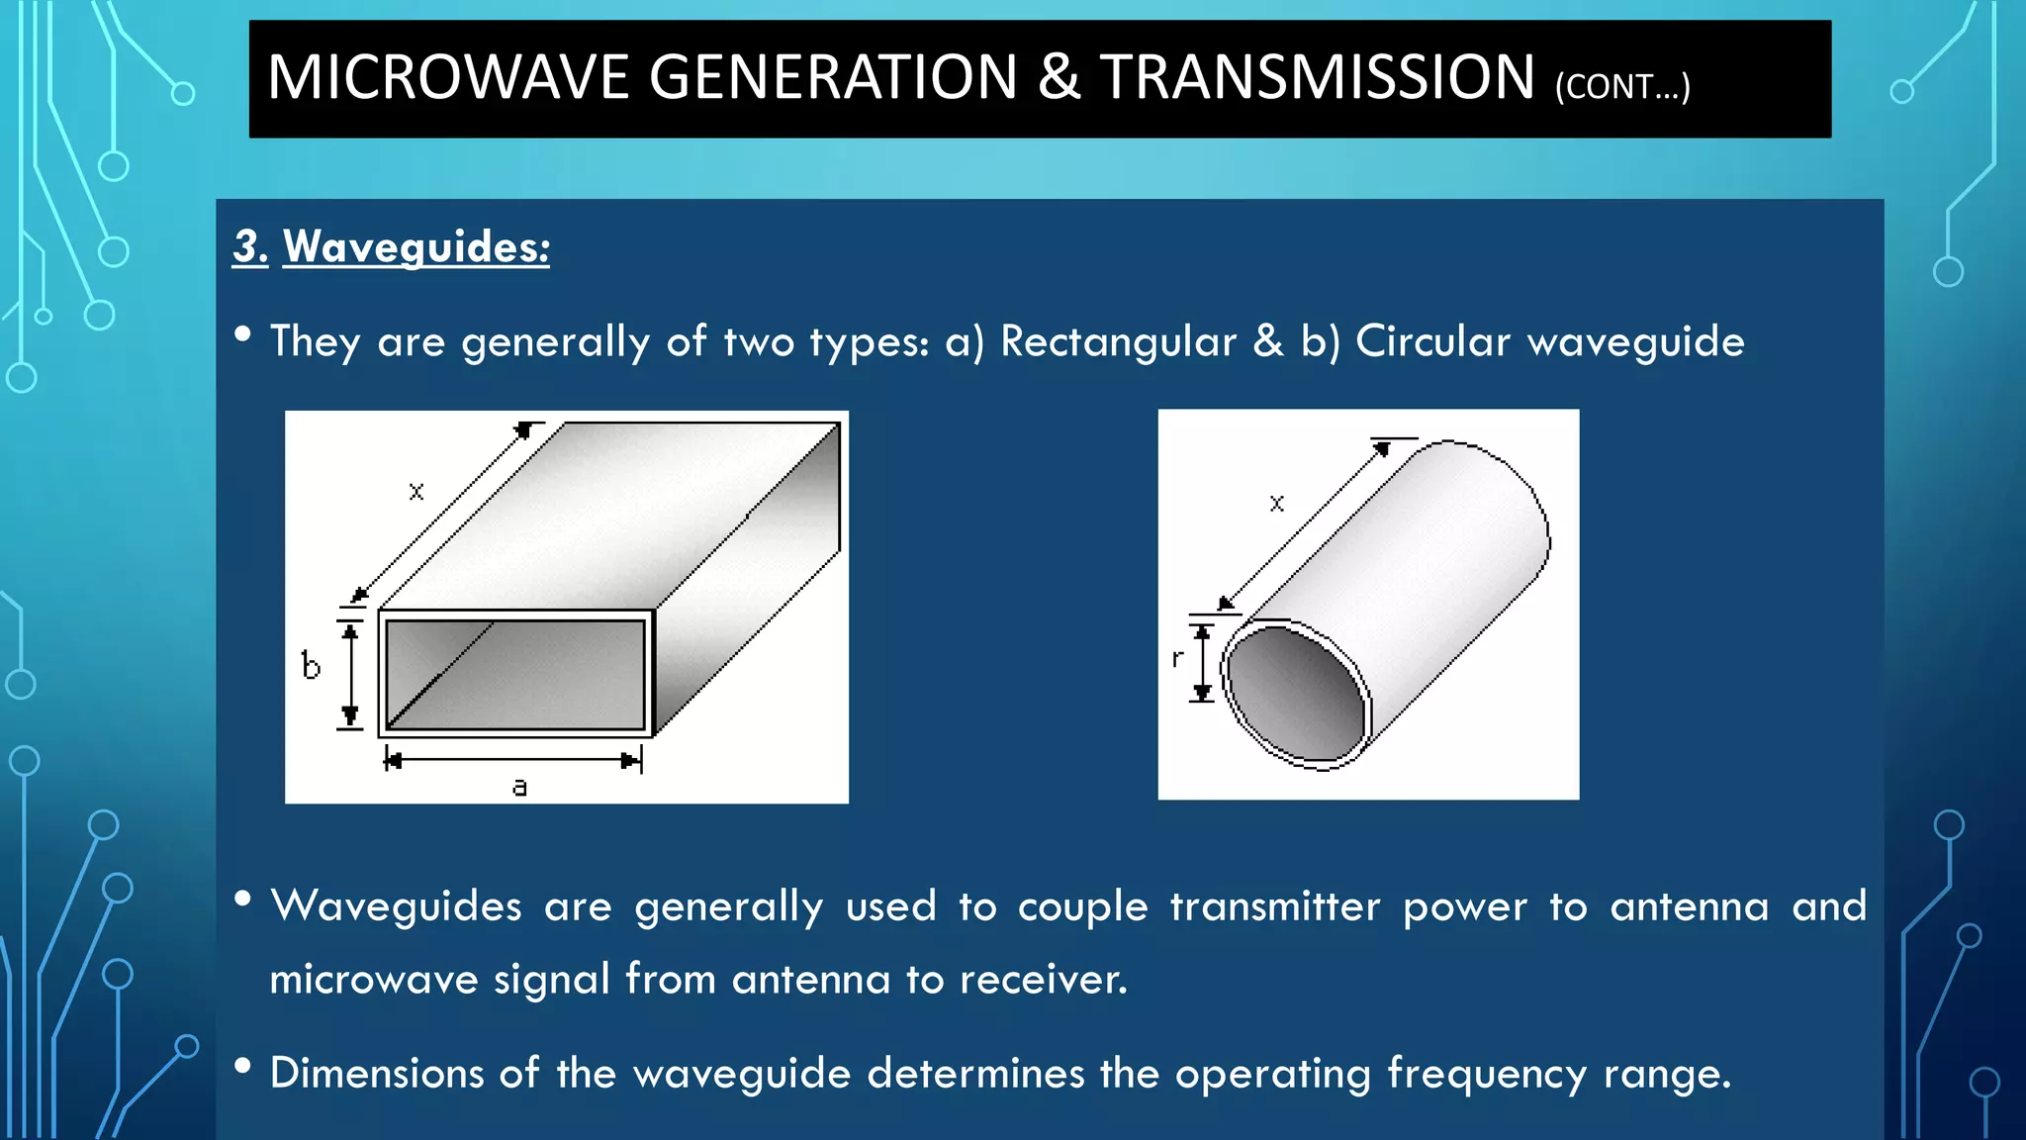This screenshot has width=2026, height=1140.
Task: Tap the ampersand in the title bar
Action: [x=1059, y=78]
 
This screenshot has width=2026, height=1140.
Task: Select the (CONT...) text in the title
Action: [x=1622, y=87]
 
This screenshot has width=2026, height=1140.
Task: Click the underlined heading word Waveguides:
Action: [x=416, y=246]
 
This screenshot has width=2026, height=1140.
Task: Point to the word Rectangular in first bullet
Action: [x=1118, y=341]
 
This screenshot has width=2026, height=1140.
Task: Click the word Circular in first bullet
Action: [x=1432, y=341]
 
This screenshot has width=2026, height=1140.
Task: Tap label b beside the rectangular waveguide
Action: [x=311, y=666]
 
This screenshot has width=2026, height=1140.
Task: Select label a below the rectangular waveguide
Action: [x=519, y=788]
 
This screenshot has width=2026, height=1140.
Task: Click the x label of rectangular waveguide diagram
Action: [x=416, y=491]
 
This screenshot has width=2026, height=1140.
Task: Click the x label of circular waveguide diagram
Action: [x=1277, y=504]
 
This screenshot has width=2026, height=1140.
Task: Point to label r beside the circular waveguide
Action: [x=1177, y=658]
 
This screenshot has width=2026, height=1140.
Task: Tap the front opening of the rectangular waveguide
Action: [x=515, y=675]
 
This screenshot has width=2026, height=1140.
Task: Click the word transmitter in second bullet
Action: [x=1274, y=906]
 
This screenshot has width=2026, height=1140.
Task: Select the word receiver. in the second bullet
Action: [x=1043, y=980]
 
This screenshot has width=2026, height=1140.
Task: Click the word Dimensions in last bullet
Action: [x=377, y=1074]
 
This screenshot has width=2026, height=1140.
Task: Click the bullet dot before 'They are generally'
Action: [x=242, y=334]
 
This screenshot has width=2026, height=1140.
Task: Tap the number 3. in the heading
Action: [x=250, y=246]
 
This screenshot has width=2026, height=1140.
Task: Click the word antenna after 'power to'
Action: [x=1689, y=906]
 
